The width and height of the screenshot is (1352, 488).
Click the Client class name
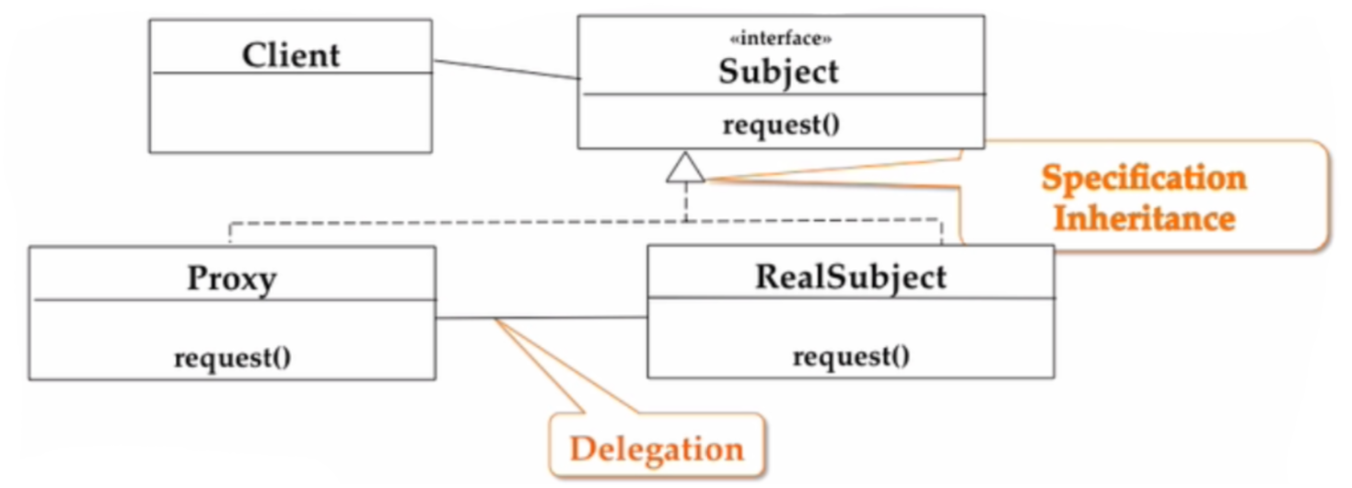coord(291,55)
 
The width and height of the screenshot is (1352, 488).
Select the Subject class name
coord(779,71)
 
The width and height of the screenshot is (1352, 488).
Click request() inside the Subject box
coord(781,124)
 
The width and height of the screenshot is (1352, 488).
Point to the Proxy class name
coord(231,278)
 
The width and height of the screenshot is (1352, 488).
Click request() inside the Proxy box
coord(232,357)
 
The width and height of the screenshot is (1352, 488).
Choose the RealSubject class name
coord(850,276)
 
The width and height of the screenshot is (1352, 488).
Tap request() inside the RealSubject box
coord(851,356)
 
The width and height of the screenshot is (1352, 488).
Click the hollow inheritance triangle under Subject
coord(686,168)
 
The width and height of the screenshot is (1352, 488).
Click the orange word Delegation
coord(657,448)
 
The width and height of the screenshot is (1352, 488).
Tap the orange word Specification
coord(1143,178)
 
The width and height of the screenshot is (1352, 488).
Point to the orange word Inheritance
coord(1143,219)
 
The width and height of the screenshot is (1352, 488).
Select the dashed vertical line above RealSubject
coord(942,232)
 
